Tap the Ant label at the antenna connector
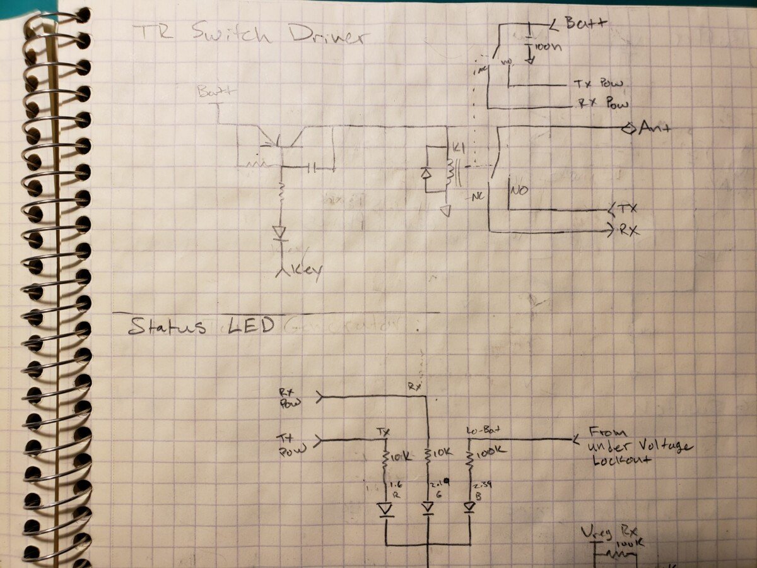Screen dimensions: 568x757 656,128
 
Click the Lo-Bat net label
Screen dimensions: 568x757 480,431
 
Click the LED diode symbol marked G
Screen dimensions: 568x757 428,508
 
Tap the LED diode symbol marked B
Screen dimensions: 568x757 469,507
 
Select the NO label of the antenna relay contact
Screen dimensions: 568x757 520,189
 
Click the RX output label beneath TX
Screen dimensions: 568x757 630,231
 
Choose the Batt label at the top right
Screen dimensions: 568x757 585,24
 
